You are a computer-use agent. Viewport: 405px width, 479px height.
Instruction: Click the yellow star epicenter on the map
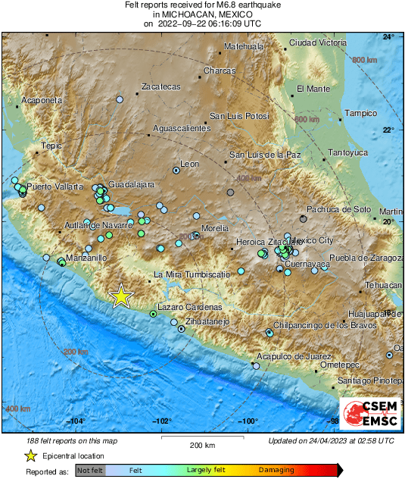(x=121, y=296)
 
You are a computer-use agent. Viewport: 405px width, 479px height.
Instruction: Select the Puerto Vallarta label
(x=53, y=186)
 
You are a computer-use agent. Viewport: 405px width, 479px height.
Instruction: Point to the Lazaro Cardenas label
(x=188, y=307)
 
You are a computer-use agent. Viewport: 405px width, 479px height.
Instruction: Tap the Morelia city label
(x=215, y=227)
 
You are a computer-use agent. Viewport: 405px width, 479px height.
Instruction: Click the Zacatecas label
(x=161, y=87)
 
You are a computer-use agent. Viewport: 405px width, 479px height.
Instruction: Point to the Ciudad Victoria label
(x=318, y=42)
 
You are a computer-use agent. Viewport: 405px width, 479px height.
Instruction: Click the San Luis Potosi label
(x=239, y=116)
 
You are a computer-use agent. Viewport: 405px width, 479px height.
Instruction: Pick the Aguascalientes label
(x=182, y=129)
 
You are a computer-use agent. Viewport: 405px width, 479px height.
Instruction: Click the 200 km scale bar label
(x=203, y=445)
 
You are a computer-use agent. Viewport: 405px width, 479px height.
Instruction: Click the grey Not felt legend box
(x=90, y=471)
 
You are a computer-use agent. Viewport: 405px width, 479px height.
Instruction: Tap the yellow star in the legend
(x=30, y=456)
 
